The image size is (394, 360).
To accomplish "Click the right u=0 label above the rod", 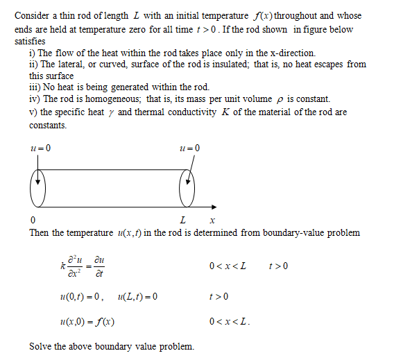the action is click(x=189, y=148).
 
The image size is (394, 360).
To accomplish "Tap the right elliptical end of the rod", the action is click(x=188, y=187).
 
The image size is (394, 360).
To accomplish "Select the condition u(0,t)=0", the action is click(x=83, y=297).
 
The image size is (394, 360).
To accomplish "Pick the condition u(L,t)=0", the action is click(x=138, y=297).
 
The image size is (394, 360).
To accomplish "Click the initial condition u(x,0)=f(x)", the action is click(x=87, y=323).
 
